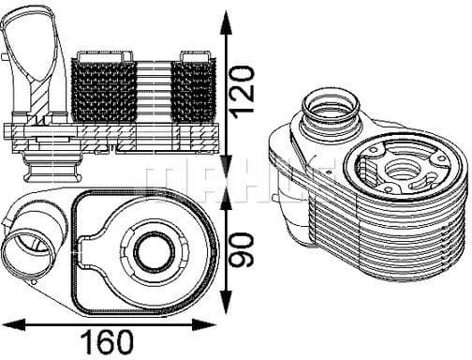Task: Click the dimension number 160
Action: tap(107, 342)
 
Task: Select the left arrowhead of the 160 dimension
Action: tap(13, 324)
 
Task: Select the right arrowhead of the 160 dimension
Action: tap(204, 324)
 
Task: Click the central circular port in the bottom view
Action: tap(154, 252)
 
